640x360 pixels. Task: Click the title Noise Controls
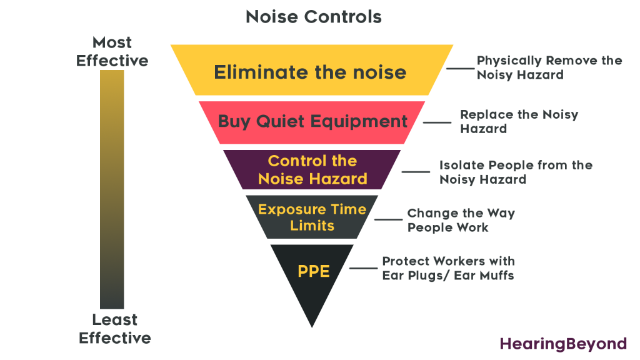pos(313,17)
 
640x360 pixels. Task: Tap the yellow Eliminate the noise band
pos(311,72)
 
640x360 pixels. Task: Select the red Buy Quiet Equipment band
pos(312,121)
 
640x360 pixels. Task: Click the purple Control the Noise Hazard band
pos(312,169)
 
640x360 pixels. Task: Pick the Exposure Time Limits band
pos(312,217)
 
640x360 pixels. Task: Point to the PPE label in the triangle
pos(313,272)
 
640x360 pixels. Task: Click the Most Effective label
pos(112,52)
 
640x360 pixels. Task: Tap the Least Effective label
pos(114,329)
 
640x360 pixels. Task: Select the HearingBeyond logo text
pos(562,343)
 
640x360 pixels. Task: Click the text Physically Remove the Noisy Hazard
pos(549,67)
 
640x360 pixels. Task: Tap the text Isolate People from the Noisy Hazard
pos(515,172)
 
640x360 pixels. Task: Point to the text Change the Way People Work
pos(461,220)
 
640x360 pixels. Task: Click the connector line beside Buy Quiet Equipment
pos(437,122)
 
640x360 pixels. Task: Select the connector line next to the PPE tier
pos(363,268)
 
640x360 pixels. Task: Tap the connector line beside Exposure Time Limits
pos(387,219)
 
